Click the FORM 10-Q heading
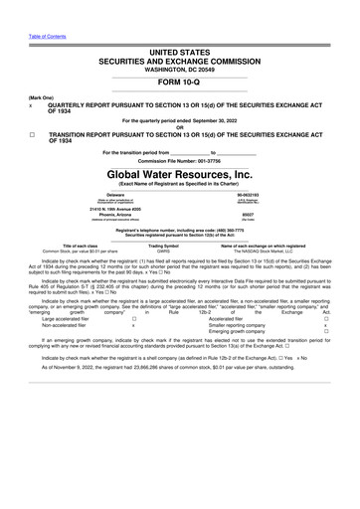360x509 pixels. [x=180, y=83]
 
